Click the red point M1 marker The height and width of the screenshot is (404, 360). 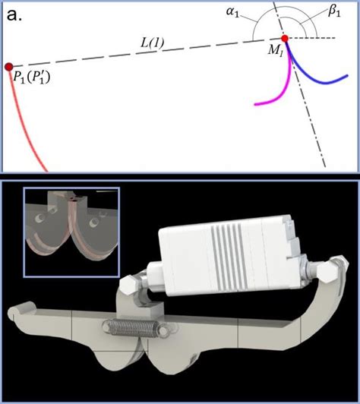[x=285, y=39]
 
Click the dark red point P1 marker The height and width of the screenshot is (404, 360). [x=9, y=67]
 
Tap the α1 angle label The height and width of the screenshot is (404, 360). [x=232, y=12]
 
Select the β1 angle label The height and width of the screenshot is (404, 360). [x=334, y=12]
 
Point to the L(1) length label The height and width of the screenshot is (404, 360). [x=152, y=43]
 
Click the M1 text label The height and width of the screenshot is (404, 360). [x=275, y=50]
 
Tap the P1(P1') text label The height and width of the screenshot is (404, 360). [x=31, y=77]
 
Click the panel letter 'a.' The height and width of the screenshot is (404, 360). [x=14, y=15]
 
